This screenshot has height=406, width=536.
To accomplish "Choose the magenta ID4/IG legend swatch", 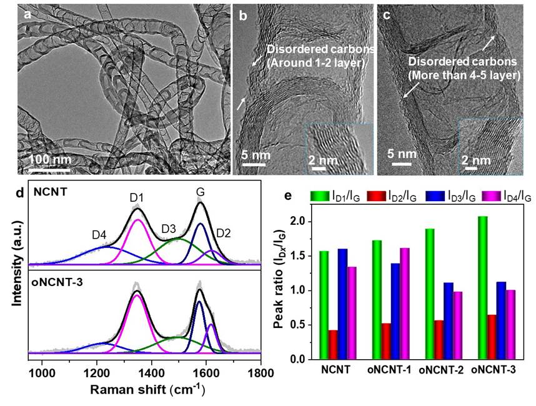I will click(x=492, y=197).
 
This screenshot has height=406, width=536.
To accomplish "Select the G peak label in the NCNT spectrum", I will click(x=200, y=191).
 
